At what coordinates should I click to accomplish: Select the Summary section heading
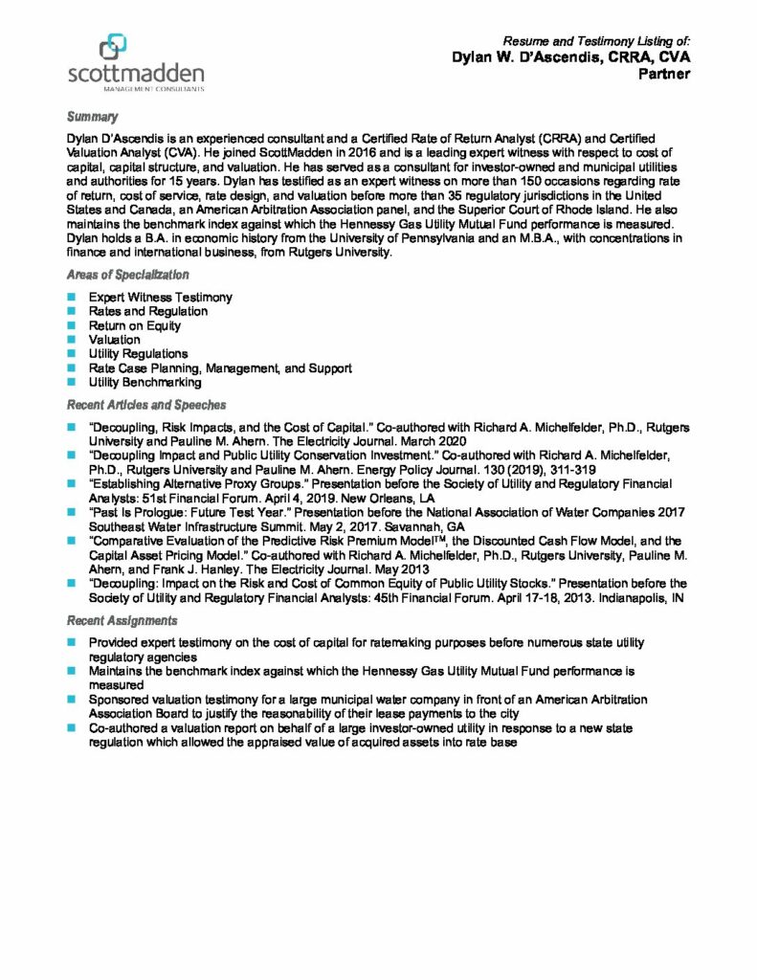coord(92,117)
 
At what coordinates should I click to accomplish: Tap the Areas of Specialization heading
coord(127,275)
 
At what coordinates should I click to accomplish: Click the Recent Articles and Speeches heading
coord(145,405)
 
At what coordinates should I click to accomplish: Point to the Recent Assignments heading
coord(122,621)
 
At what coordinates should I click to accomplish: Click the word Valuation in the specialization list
coord(114,340)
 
